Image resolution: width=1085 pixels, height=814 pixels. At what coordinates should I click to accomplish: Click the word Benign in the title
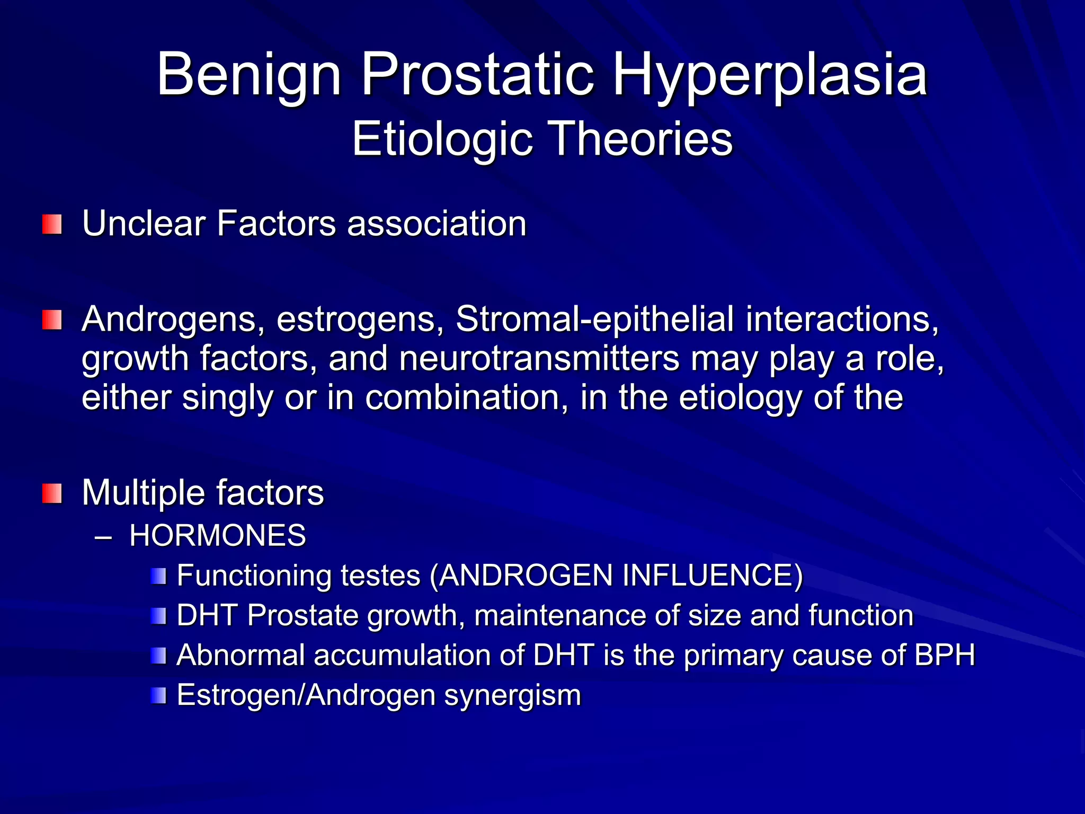point(249,75)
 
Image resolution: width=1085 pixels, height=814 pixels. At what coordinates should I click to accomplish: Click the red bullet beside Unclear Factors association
point(52,224)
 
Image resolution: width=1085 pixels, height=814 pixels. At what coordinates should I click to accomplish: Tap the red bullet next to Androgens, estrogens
point(52,320)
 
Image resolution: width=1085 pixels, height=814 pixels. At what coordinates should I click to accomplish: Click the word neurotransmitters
point(539,359)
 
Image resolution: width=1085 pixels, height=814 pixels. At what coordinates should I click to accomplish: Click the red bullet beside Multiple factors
point(52,493)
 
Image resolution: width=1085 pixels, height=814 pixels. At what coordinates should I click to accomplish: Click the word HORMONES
point(218,535)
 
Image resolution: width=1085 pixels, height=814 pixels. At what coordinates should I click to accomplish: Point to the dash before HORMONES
point(103,536)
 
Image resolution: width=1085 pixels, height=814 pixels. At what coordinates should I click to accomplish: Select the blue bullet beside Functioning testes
point(158,576)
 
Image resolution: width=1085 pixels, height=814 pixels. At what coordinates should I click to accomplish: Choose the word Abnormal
point(240,655)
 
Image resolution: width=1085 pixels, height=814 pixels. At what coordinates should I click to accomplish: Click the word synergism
point(512,695)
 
